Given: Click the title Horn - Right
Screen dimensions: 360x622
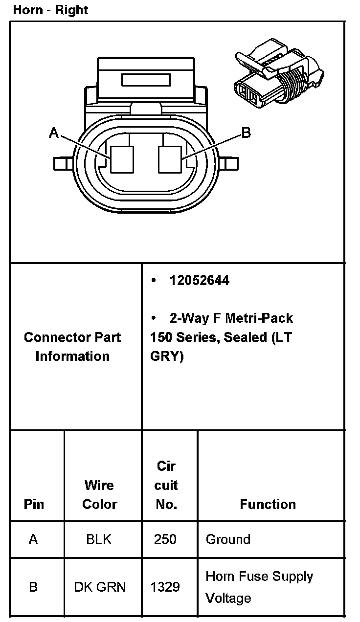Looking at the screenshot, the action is [50, 10].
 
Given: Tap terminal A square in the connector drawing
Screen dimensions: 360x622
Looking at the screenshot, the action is [122, 159].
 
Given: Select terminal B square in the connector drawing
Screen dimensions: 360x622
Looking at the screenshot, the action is [170, 159].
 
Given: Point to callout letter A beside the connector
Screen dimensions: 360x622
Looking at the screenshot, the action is [54, 133].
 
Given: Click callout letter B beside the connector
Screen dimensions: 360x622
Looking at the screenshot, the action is [246, 133].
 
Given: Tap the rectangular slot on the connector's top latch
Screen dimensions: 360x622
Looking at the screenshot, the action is [146, 80].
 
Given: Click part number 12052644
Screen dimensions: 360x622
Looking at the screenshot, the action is [199, 281].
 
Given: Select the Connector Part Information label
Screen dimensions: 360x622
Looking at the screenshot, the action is [72, 347].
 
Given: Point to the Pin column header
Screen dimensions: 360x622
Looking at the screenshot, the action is [34, 504].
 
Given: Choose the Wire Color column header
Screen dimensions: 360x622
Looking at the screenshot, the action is [99, 494].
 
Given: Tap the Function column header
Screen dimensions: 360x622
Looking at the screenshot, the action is [268, 504].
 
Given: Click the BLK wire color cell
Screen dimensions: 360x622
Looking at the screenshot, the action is [99, 539].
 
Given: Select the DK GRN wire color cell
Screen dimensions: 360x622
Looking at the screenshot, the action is [100, 587].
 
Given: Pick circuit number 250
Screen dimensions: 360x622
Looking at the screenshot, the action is [165, 539].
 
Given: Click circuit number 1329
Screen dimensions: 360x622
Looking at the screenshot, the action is [165, 587].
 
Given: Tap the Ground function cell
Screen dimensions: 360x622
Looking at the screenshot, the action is [228, 539].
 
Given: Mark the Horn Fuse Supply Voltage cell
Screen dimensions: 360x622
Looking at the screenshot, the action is [259, 587].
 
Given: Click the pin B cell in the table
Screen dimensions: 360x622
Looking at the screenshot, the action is [33, 587].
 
